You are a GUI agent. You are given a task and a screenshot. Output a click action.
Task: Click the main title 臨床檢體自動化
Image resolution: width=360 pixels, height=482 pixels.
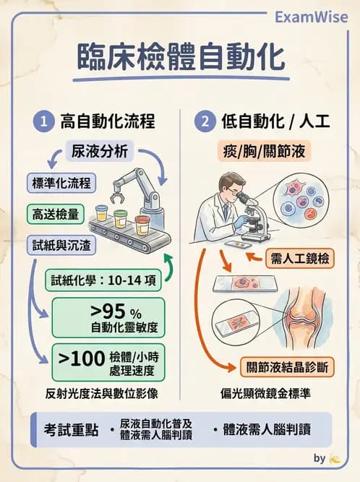(181, 58)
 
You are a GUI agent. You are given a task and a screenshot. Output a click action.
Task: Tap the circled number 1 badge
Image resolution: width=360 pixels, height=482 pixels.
(43, 122)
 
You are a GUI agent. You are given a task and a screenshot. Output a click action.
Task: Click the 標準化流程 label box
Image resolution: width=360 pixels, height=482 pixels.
(61, 182)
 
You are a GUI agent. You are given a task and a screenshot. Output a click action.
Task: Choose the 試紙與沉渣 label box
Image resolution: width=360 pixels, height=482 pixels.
(61, 245)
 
